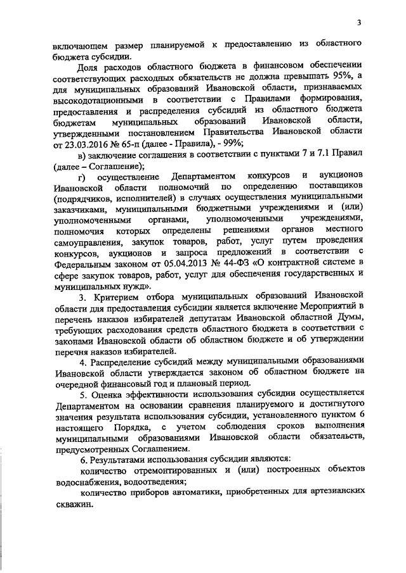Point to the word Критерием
click(112, 298)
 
